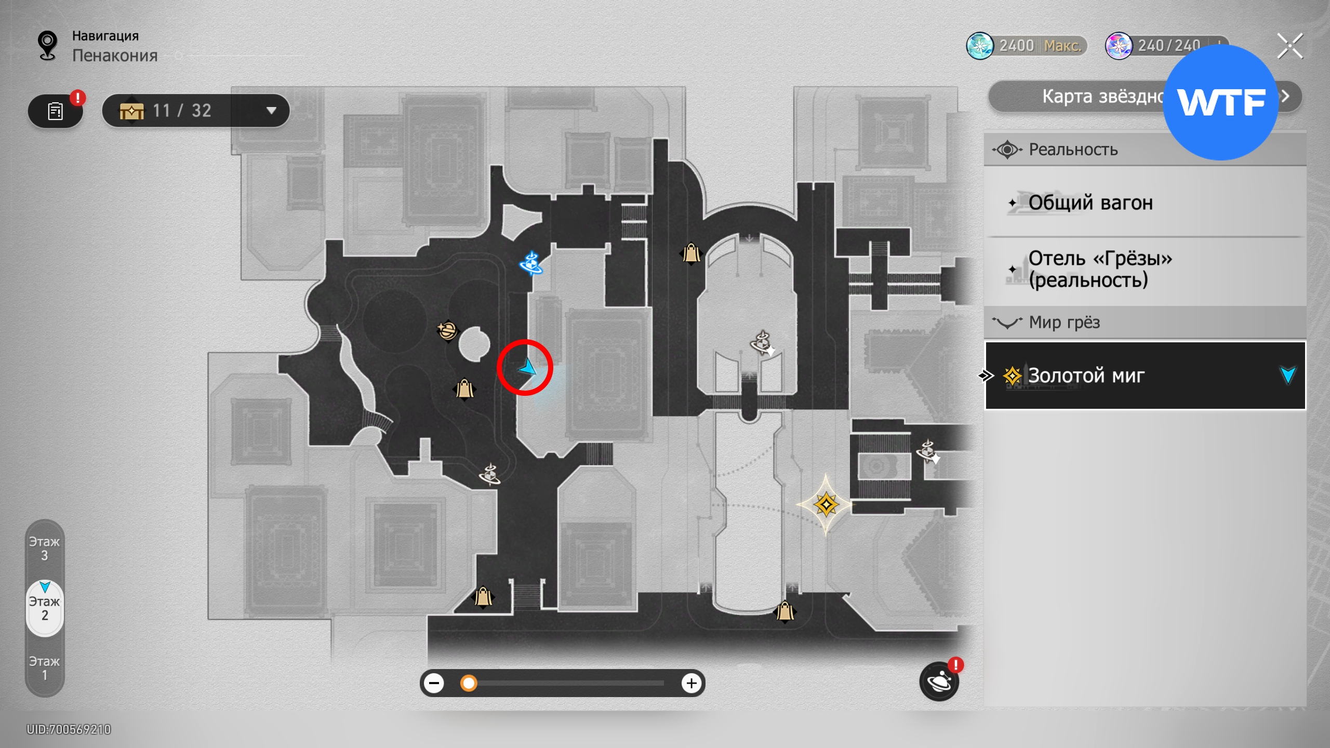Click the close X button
click(x=1290, y=46)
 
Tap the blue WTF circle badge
click(x=1220, y=102)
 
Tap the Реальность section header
click(x=1073, y=150)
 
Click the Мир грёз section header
click(x=1064, y=323)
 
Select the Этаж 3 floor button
click(x=45, y=549)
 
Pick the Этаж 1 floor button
click(x=45, y=668)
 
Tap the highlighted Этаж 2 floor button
click(x=45, y=608)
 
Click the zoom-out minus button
click(x=434, y=683)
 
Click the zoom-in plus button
click(x=691, y=683)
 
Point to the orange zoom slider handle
click(x=469, y=683)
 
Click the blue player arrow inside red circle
click(x=527, y=368)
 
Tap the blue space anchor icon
click(x=531, y=263)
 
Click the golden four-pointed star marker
click(x=826, y=504)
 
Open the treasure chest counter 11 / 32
click(x=196, y=111)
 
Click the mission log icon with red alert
click(x=56, y=111)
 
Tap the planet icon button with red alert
click(x=939, y=682)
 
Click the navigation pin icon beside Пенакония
click(x=48, y=46)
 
